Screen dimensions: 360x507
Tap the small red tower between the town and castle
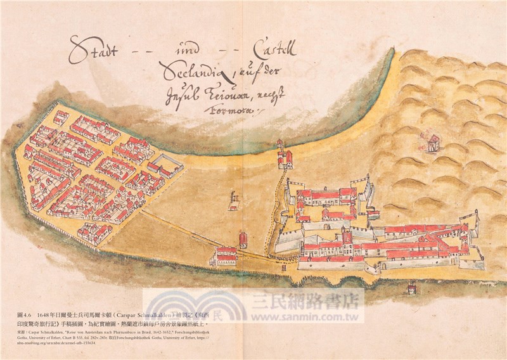243,240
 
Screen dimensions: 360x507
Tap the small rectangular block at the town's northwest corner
61,118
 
